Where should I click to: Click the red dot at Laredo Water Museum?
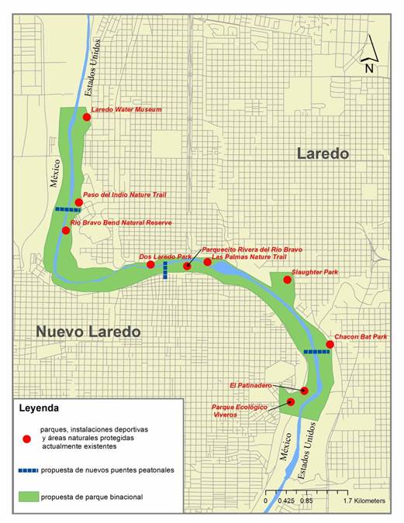point(87,117)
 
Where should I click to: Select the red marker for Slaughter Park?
point(287,279)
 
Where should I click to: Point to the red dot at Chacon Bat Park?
point(330,344)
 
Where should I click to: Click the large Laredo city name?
point(323,154)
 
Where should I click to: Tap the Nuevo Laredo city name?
point(88,332)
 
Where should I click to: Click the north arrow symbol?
point(371,56)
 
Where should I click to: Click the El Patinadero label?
point(250,384)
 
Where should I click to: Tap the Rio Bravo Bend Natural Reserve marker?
point(66,230)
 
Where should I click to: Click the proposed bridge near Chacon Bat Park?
point(316,352)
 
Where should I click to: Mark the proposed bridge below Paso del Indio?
point(67,209)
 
